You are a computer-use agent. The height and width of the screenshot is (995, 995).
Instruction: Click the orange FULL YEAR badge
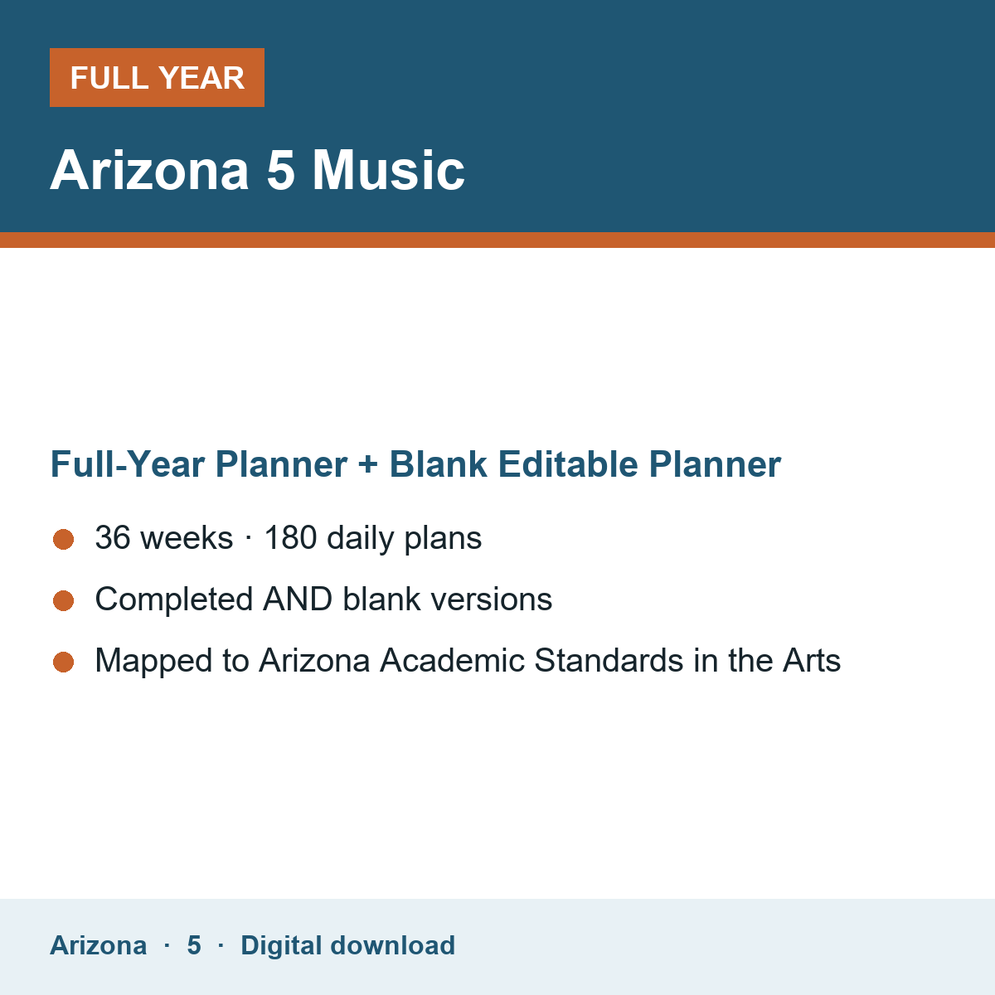(x=157, y=77)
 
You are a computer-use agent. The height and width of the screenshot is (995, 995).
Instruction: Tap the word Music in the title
(x=388, y=171)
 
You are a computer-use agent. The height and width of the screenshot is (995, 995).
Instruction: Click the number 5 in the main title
(x=281, y=171)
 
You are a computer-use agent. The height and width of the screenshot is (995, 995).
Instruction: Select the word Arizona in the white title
(x=149, y=171)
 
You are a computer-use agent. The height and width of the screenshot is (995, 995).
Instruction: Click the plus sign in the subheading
(x=368, y=464)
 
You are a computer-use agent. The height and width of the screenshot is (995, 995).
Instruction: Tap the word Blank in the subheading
(x=438, y=464)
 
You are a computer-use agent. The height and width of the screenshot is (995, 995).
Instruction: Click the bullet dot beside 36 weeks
(x=64, y=540)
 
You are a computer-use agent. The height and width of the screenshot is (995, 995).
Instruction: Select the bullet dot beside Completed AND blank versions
(x=64, y=601)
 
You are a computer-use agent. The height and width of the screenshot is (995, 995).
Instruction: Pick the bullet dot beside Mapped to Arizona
(x=64, y=663)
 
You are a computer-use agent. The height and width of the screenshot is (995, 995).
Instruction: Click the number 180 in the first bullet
(x=291, y=537)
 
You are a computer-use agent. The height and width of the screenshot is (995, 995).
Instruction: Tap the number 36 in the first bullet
(x=113, y=537)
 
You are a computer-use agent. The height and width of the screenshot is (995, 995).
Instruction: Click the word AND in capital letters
(x=298, y=599)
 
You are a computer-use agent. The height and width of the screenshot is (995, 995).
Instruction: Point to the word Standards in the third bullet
(x=609, y=660)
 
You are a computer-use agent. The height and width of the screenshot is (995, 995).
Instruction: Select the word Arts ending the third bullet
(x=812, y=660)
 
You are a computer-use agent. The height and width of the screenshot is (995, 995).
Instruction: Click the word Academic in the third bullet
(x=452, y=660)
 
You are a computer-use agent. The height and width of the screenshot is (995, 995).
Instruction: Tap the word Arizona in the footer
(x=98, y=945)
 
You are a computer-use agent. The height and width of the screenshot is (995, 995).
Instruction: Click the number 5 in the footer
(x=194, y=945)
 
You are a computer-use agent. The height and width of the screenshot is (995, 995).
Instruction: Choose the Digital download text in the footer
(x=347, y=945)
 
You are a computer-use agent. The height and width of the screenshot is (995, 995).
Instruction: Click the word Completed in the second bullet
(x=174, y=600)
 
